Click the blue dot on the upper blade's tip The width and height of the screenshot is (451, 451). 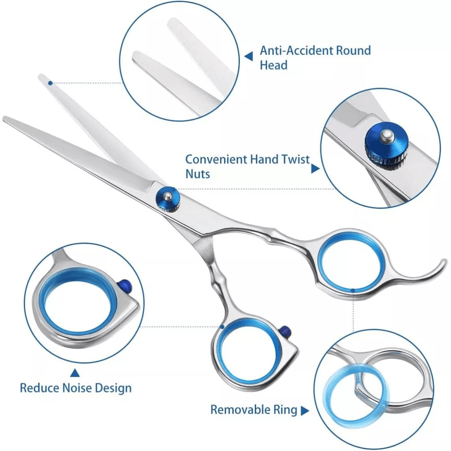coord(51,83)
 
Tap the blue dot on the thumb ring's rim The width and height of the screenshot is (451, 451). coord(222,327)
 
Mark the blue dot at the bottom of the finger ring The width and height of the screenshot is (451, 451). coord(353,290)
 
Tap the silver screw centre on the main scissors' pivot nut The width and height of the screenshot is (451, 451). coord(168,197)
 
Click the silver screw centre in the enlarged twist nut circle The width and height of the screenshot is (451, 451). coord(386,135)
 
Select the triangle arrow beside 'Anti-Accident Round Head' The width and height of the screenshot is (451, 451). coord(249,56)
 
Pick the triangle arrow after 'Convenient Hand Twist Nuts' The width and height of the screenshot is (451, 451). coord(316,169)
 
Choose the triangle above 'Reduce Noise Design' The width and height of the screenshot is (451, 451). coord(75,373)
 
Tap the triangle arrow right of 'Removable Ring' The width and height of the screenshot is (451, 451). coord(304,411)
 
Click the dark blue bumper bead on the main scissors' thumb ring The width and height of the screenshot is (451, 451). coord(285,331)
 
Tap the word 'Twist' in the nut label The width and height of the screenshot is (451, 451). coord(295,159)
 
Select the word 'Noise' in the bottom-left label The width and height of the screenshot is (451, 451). coord(77,388)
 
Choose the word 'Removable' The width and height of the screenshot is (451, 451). coord(241,410)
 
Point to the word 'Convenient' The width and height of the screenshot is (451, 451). coord(216,159)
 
